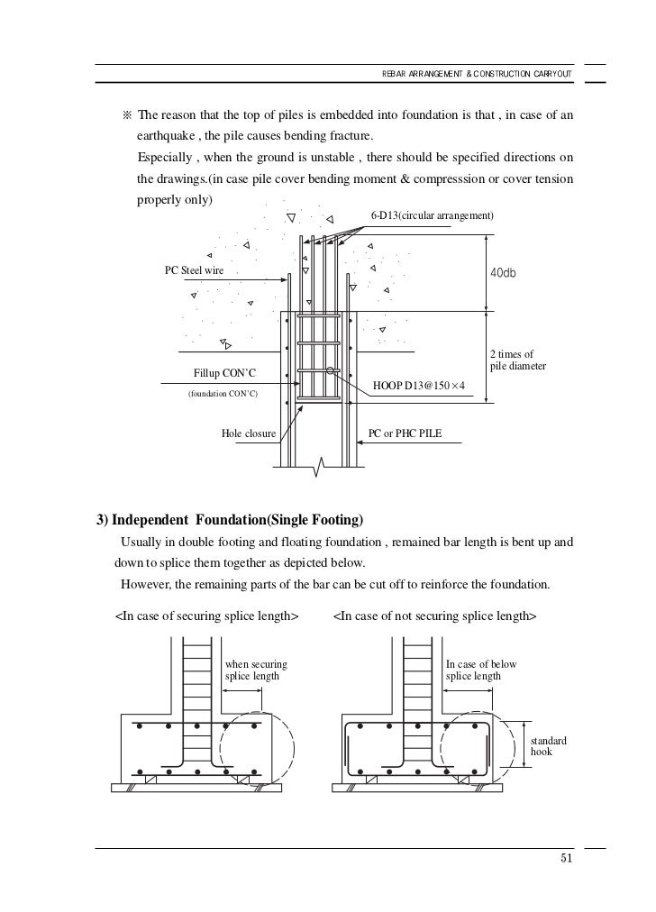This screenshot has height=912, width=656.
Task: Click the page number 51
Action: pyautogui.click(x=567, y=857)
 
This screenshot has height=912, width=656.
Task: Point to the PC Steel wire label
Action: pyautogui.click(x=193, y=270)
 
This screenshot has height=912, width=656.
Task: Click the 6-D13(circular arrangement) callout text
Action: pyautogui.click(x=433, y=216)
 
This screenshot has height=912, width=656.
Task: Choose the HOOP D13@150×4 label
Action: pyautogui.click(x=419, y=387)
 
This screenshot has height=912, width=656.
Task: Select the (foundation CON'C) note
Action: pyautogui.click(x=222, y=394)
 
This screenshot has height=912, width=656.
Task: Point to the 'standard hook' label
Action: pyautogui.click(x=551, y=745)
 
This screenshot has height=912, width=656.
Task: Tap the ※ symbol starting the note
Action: pyautogui.click(x=125, y=117)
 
